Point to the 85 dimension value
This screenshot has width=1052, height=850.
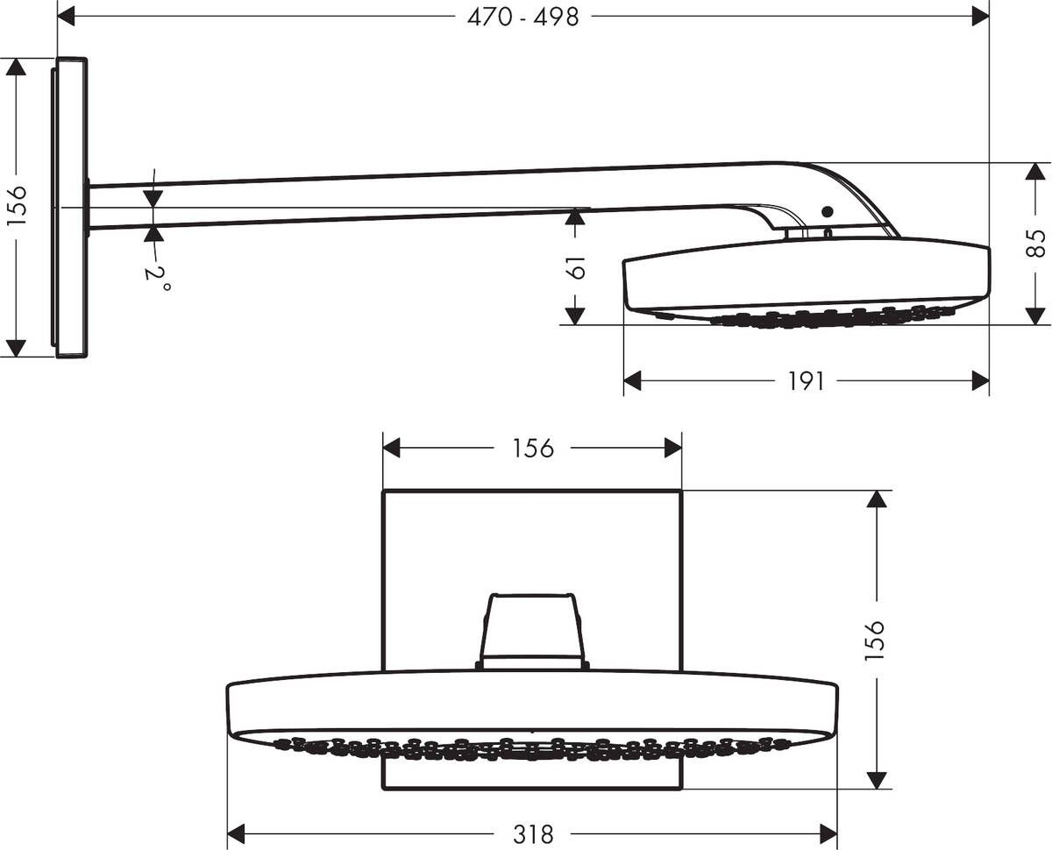(x=1037, y=243)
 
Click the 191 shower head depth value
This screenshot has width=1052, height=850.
(x=806, y=381)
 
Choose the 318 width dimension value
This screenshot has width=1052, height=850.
(x=533, y=833)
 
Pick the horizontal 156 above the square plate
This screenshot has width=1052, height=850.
(x=533, y=448)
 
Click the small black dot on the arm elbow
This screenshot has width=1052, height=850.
(x=825, y=211)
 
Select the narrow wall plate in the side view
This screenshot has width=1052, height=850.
(x=72, y=207)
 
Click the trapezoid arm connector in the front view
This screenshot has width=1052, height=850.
(x=532, y=629)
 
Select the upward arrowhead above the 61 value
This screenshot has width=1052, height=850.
(x=575, y=216)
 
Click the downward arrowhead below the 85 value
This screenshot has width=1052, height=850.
(x=1037, y=315)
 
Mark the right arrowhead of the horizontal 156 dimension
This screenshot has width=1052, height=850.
(x=672, y=448)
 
